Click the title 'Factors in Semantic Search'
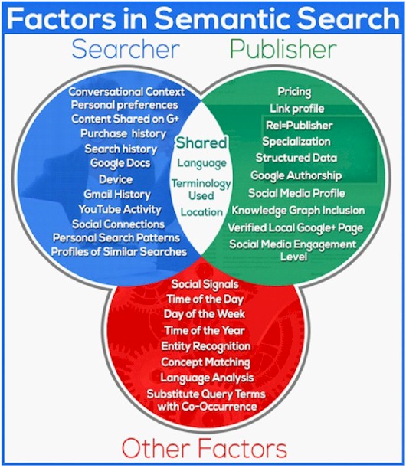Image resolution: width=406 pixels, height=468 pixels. pos(203,18)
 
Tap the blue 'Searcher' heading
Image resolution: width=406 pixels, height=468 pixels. pos(126,49)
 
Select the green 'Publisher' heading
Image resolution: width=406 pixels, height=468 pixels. pos(283,49)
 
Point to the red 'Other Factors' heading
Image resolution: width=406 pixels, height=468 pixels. pos(205,448)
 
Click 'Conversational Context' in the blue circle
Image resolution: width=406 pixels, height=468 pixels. pos(126,92)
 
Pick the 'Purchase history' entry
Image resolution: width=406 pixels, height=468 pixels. pos(123,133)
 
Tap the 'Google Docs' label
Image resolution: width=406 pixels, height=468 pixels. pos(120,163)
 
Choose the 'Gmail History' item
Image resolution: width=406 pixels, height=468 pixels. pos(117,195)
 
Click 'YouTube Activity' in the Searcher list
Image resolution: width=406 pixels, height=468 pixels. pos(120,209)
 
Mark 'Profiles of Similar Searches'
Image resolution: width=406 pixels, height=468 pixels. pos(119,252)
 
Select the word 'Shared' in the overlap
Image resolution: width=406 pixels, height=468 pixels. pos(201,142)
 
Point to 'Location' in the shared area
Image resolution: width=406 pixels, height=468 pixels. pos(201,212)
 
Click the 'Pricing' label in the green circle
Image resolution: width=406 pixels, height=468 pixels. pos(294,92)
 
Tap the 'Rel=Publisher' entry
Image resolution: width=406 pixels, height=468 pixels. pos(299,126)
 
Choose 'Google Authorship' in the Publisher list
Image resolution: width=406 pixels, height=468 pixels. pos(296,175)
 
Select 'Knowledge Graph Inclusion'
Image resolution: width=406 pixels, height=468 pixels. pos(298,211)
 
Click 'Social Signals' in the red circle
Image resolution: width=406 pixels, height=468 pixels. pos(205,284)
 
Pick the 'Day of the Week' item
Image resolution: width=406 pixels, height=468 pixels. pos(205,314)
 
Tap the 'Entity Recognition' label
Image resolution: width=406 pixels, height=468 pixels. pos(206,346)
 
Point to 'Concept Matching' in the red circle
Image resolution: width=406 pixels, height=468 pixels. pos(206,362)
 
